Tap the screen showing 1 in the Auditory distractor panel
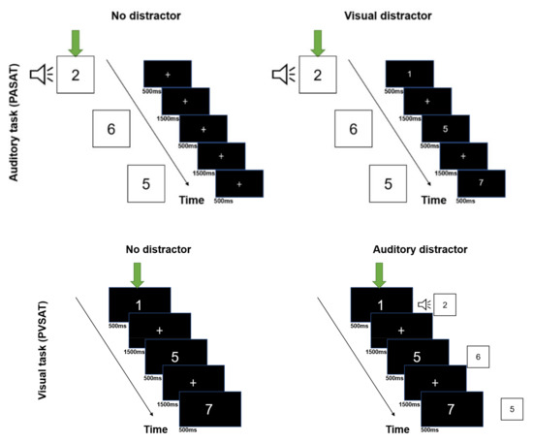pyautogui.click(x=379, y=305)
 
